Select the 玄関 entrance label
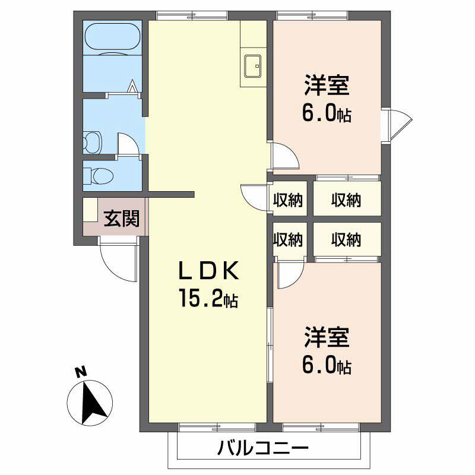coord(122,219)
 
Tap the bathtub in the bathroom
coord(112,39)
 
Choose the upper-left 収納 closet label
coord(287,201)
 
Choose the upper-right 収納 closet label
coord(346,201)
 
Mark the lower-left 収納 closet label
coord(287,239)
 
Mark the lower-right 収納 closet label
coord(346,239)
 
